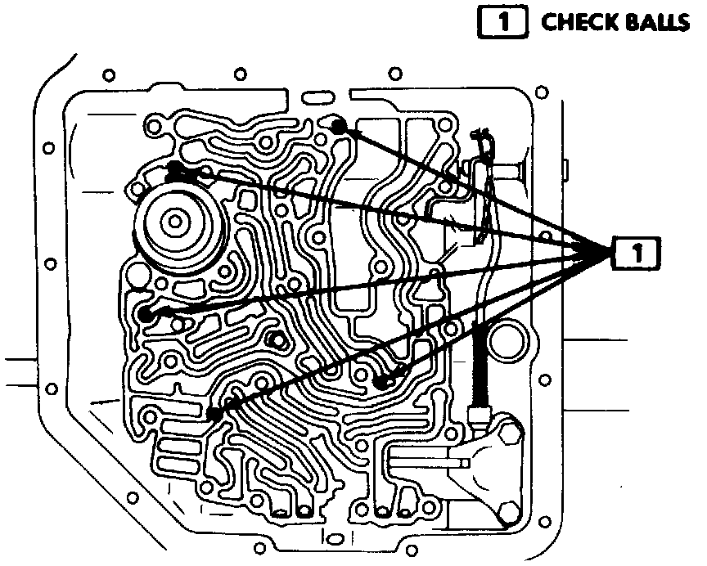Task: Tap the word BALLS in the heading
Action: tap(654, 22)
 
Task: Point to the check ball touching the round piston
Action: tap(175, 170)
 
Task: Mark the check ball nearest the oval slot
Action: tap(340, 126)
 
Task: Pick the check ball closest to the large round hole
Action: tap(381, 381)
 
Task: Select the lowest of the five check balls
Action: tap(214, 414)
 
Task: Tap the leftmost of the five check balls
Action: tap(146, 313)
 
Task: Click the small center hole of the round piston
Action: tap(173, 219)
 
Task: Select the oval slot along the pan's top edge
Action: tap(316, 100)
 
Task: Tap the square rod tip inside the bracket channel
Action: tap(464, 463)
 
